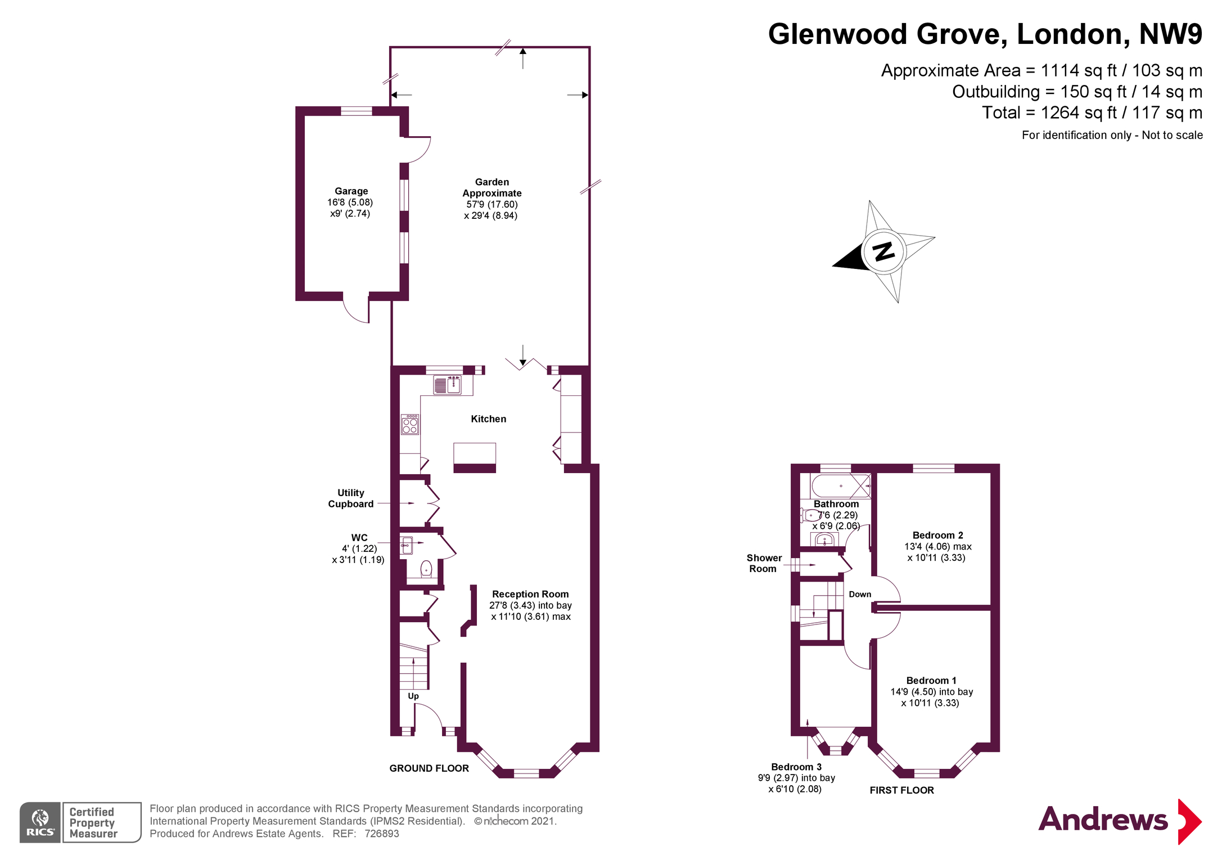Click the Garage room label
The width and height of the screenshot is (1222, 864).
click(x=351, y=191)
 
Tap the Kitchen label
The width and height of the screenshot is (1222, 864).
click(x=488, y=419)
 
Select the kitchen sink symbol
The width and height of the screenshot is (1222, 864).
click(x=447, y=385)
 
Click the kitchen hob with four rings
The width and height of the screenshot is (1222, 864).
click(x=410, y=425)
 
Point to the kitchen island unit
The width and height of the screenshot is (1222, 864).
click(x=475, y=457)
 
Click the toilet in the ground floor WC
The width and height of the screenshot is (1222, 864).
click(x=426, y=569)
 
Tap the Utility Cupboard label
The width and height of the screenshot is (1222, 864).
click(x=350, y=498)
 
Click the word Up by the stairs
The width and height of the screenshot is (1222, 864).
click(x=413, y=696)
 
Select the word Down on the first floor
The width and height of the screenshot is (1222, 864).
click(x=860, y=595)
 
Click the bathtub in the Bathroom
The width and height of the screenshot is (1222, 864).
click(x=840, y=485)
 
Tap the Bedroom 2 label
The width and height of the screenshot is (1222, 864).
click(x=937, y=535)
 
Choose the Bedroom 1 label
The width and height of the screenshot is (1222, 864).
click(x=931, y=681)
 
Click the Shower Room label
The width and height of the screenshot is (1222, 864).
click(x=764, y=563)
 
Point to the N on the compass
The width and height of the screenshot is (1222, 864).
click(x=884, y=251)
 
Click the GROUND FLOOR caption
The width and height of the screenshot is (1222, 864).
click(x=429, y=768)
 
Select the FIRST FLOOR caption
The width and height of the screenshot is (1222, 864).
click(x=901, y=790)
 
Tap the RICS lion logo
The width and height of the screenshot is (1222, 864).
click(x=40, y=822)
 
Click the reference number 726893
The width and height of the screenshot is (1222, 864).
click(x=382, y=834)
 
